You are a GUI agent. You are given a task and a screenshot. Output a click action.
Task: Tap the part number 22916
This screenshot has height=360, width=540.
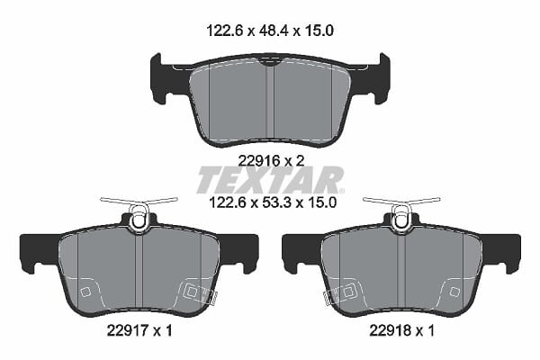256,160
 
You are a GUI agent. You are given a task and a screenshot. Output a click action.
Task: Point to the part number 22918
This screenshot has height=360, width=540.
387,331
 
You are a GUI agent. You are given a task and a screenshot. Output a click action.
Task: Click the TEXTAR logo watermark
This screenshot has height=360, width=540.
270,179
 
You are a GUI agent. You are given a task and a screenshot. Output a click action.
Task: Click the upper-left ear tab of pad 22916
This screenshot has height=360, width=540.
157,78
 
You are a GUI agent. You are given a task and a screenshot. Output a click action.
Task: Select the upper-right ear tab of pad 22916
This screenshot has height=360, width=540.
384,78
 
